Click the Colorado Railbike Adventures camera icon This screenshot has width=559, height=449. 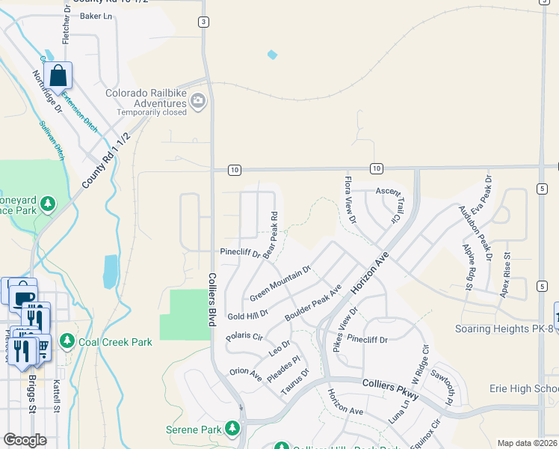[198, 101]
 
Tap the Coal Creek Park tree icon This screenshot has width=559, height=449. [67, 342]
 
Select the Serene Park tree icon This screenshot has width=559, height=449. [232, 429]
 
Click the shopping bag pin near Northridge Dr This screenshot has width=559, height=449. [58, 76]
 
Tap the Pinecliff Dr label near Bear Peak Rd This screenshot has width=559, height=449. [239, 254]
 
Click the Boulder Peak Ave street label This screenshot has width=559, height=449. [314, 302]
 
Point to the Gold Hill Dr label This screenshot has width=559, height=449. [247, 316]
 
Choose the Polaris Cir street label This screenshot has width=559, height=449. [244, 336]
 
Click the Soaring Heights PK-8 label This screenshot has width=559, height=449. [506, 329]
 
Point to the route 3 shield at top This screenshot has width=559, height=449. [203, 22]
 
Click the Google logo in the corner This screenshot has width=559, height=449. [25, 439]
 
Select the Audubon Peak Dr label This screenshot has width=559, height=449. [475, 232]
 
